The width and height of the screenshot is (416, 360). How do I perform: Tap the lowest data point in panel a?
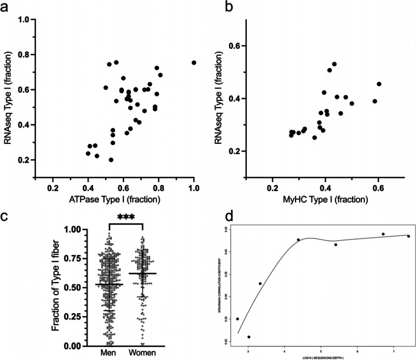pyautogui.click(x=111, y=160)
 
